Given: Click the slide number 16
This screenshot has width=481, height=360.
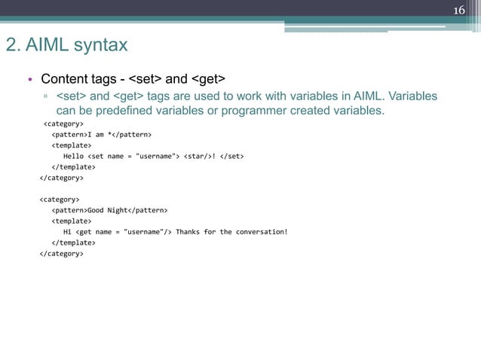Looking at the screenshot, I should coord(459,10).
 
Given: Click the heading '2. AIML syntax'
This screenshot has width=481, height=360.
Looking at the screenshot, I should coord(67,45).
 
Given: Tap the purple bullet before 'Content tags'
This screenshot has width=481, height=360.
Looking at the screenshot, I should coord(29,80).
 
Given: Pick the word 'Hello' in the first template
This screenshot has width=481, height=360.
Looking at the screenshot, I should coord(73,156).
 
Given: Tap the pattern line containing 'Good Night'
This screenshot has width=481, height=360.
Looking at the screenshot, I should coord(109,210).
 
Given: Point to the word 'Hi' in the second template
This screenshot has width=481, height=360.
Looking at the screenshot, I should coord(67,232).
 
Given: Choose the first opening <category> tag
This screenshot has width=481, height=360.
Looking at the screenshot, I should coord(63,124).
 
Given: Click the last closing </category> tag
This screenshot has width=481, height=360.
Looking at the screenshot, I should coord(61,254).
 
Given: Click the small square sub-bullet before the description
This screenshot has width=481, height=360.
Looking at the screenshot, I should coord(46,97).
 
